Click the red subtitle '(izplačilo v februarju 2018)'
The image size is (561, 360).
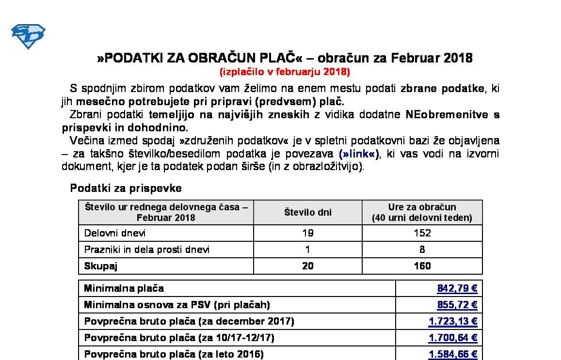(x=285, y=72)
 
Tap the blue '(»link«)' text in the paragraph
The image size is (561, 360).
(x=359, y=154)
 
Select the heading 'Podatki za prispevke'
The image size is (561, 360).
(x=126, y=188)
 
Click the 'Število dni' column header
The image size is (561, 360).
(x=307, y=212)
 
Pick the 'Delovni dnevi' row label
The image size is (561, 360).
(x=115, y=233)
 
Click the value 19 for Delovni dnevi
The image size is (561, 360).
(x=307, y=233)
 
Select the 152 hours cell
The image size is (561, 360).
(x=422, y=233)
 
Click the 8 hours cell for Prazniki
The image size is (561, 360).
(x=422, y=250)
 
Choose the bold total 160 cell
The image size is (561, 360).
(x=422, y=266)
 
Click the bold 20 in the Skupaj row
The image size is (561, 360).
(x=307, y=266)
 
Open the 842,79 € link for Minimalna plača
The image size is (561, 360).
(x=457, y=289)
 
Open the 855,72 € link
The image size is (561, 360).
(x=457, y=305)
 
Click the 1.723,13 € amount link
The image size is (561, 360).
(x=453, y=321)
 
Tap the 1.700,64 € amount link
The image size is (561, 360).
(x=453, y=338)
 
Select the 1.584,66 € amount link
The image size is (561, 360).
(x=453, y=354)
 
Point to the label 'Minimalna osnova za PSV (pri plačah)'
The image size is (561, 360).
(x=177, y=305)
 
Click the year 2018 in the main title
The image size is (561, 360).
(x=457, y=58)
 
